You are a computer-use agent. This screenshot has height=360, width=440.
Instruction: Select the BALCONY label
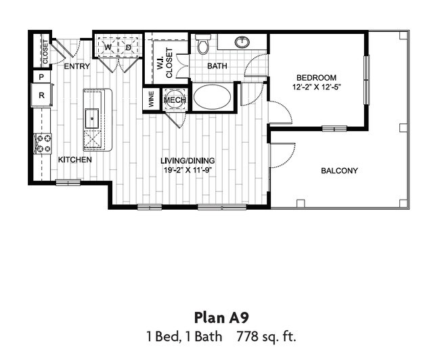tap(339, 171)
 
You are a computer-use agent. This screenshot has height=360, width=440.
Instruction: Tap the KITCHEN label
tap(74, 160)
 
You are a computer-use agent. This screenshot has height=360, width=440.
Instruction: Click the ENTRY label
tap(77, 66)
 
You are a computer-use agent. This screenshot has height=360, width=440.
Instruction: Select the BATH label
tap(217, 66)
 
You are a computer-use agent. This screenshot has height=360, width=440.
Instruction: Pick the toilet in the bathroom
tap(202, 45)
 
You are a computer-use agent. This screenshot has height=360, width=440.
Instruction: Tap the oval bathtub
tap(212, 97)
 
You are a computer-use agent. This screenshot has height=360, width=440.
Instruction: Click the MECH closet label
tap(175, 100)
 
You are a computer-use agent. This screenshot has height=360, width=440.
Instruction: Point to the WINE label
tap(150, 100)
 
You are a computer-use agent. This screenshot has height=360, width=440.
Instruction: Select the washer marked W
tap(108, 47)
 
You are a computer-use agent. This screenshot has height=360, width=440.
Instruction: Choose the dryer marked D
tap(129, 47)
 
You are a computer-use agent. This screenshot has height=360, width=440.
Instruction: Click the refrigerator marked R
tap(41, 95)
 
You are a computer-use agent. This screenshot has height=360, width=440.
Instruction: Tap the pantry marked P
tap(41, 77)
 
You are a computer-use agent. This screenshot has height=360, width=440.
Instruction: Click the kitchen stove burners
tap(43, 143)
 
